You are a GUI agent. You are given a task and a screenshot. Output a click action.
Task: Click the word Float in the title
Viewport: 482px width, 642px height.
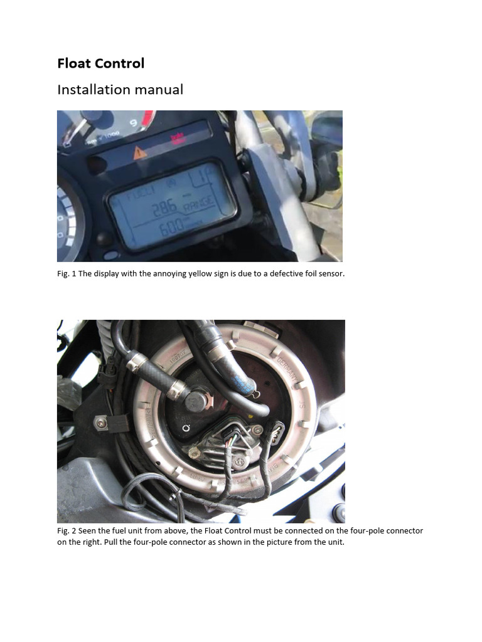pyautogui.click(x=74, y=63)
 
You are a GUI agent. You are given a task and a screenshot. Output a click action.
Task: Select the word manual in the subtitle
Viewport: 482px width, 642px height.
pyautogui.click(x=163, y=90)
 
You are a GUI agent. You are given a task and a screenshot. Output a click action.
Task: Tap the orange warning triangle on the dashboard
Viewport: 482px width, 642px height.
pyautogui.click(x=140, y=151)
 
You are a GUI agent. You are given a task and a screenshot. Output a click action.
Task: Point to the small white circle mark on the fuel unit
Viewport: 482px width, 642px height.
pyautogui.click(x=186, y=429)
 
